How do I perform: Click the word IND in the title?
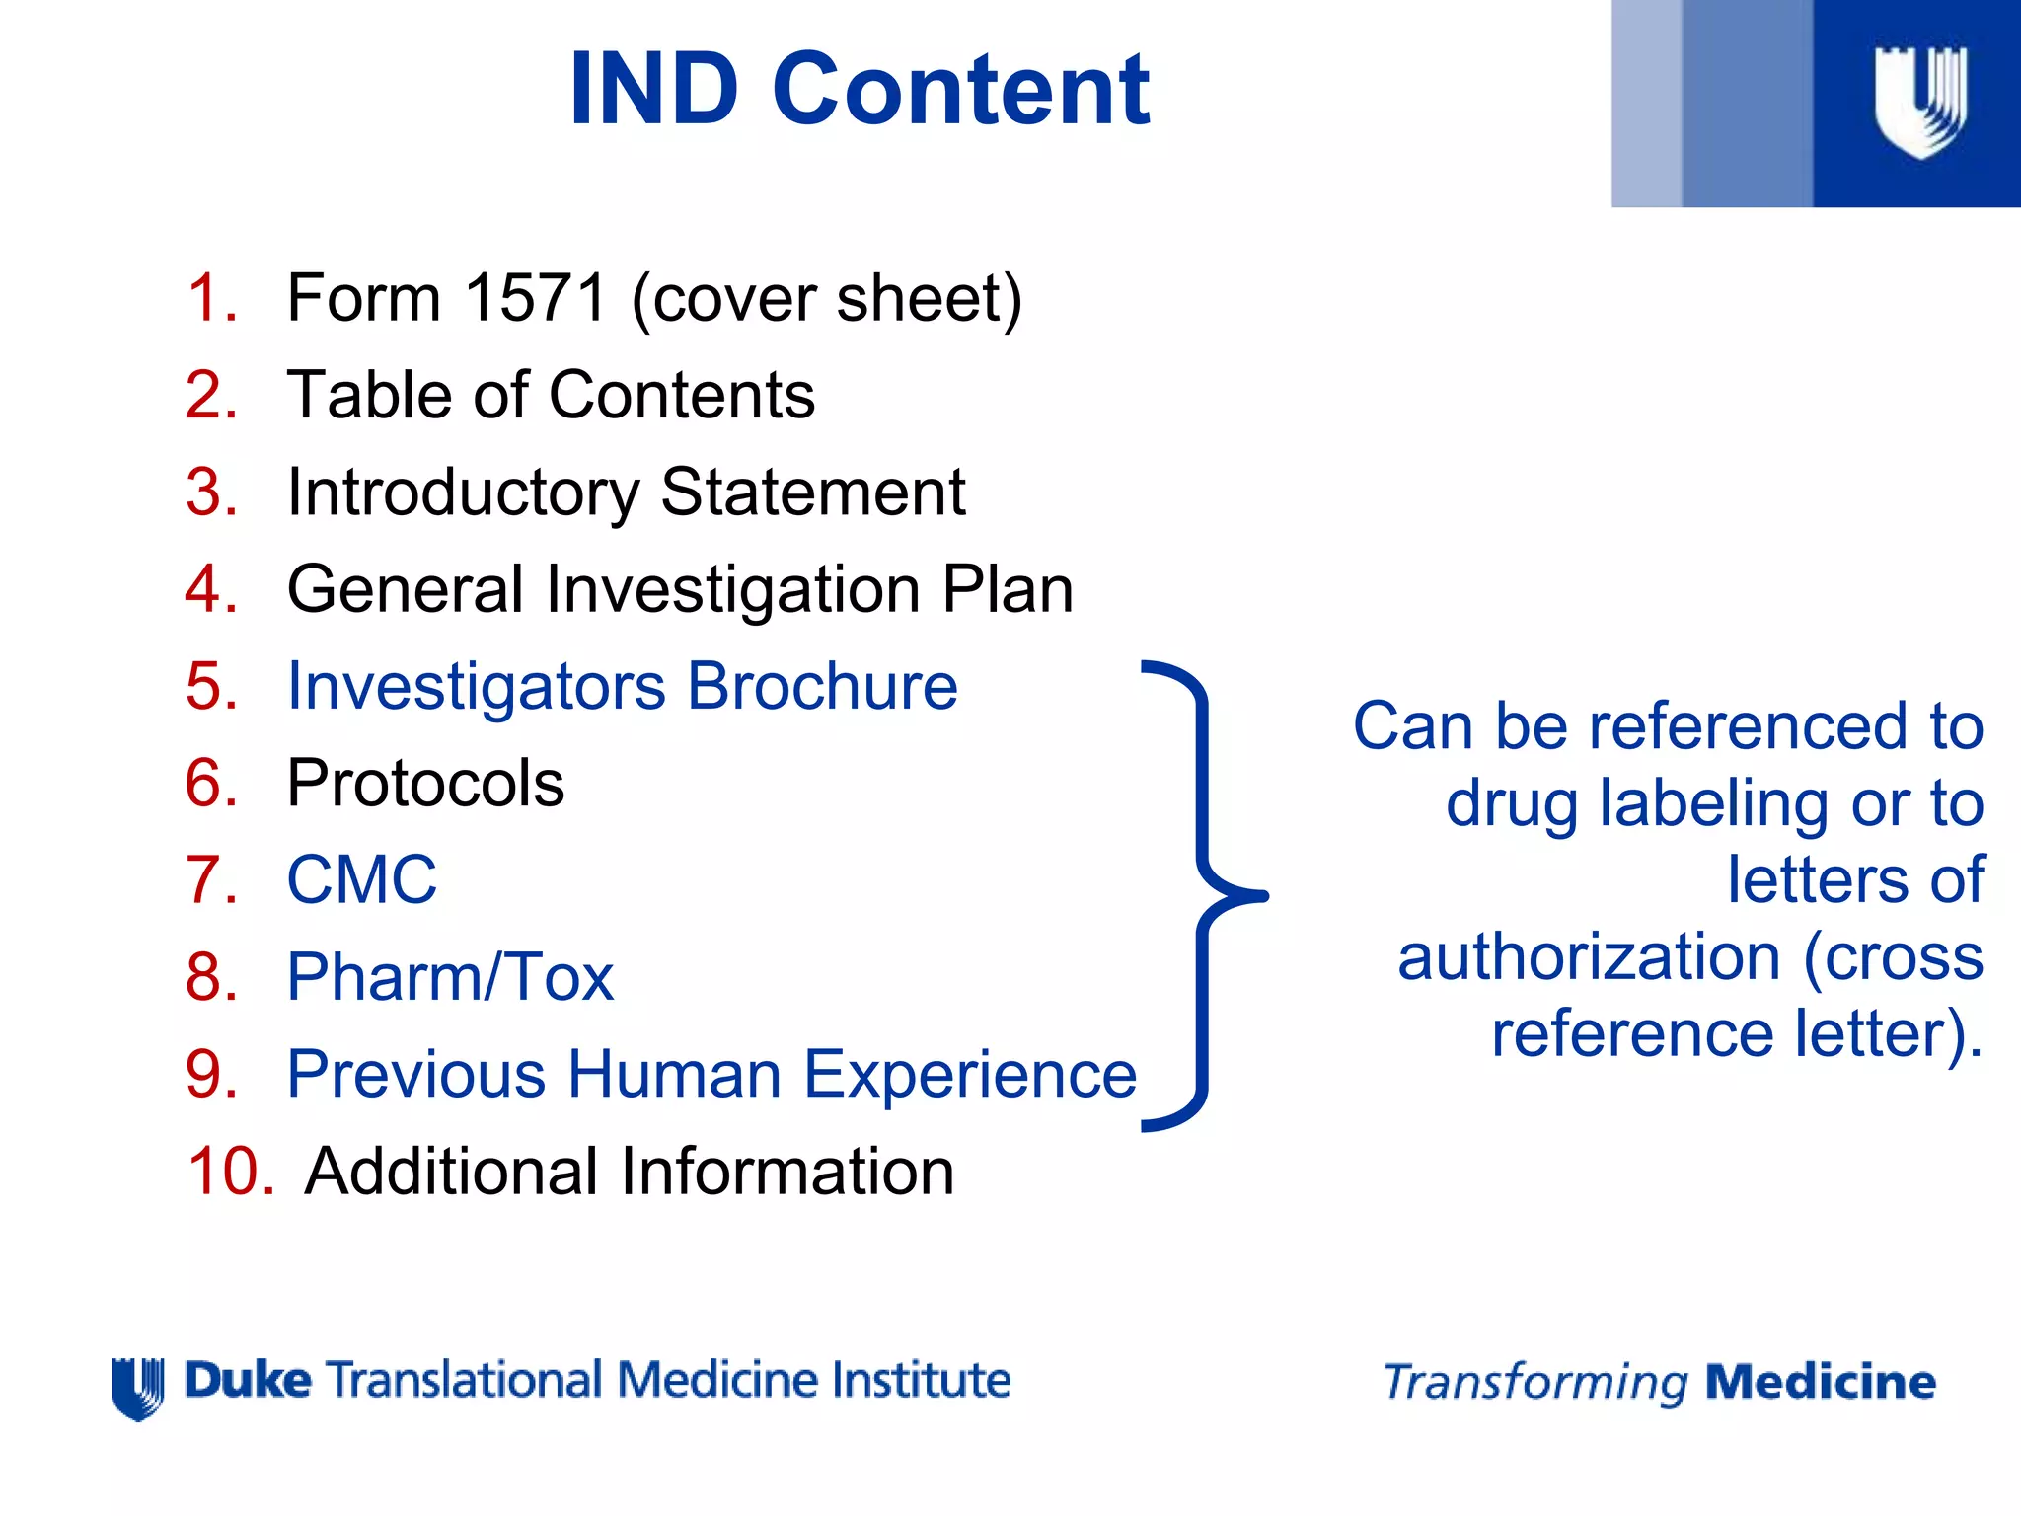tap(654, 91)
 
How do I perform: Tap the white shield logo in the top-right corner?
tap(1919, 102)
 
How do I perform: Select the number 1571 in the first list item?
tap(535, 298)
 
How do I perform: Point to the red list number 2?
tap(211, 395)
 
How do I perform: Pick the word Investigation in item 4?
tap(732, 589)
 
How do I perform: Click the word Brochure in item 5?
tap(823, 686)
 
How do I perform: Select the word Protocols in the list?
tap(425, 784)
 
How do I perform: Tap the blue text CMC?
tap(361, 879)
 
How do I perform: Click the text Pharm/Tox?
tap(450, 977)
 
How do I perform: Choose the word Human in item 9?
tap(674, 1074)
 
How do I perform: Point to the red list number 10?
tap(230, 1172)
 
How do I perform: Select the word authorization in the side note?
tap(1589, 957)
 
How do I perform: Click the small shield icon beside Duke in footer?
tap(137, 1387)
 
